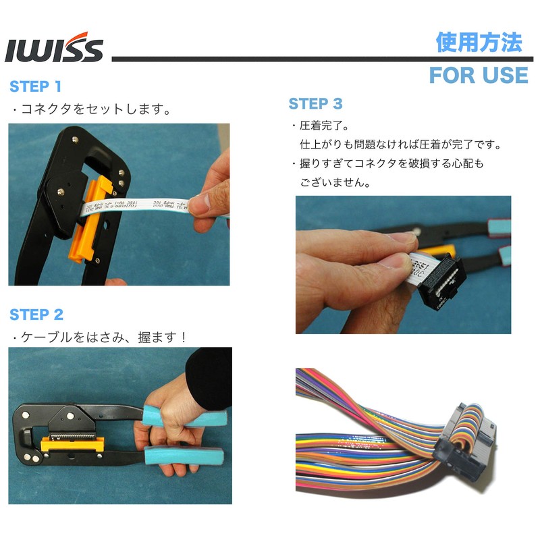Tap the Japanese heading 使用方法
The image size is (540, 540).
pos(479,43)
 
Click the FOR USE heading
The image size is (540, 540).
pos(478,75)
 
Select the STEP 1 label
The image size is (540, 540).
pos(35,86)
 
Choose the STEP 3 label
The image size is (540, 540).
pos(315,104)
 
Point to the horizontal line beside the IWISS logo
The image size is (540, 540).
pos(270,59)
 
